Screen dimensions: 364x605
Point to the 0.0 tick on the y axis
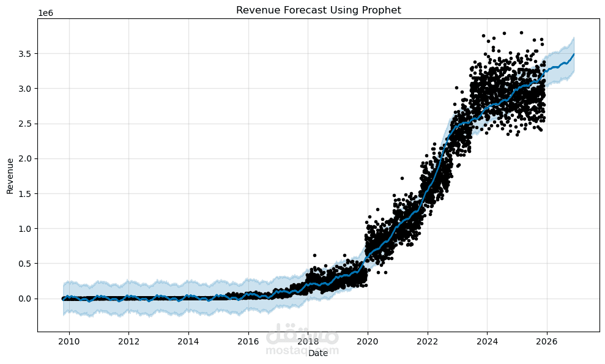tap(24, 299)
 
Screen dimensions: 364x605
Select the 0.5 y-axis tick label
tap(24, 264)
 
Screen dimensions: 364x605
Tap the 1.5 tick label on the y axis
tap(24, 193)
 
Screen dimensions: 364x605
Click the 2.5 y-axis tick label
tap(24, 124)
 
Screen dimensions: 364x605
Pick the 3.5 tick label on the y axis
tap(24, 54)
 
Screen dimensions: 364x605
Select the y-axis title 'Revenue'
tap(10, 175)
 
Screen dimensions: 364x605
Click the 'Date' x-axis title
tap(318, 353)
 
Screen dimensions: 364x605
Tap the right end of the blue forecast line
tap(574, 54)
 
